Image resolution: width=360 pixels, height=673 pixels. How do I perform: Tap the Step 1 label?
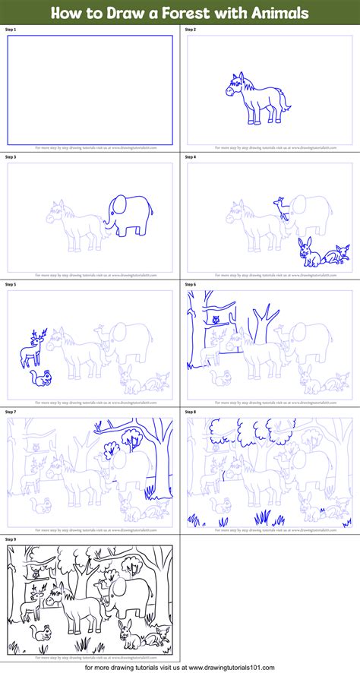click(x=11, y=29)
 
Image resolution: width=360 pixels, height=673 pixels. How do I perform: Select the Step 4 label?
click(x=191, y=156)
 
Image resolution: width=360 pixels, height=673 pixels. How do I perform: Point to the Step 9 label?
click(x=11, y=539)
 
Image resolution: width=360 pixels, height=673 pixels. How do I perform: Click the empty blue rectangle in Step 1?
click(x=90, y=90)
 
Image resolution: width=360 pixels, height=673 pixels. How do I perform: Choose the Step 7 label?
click(x=11, y=412)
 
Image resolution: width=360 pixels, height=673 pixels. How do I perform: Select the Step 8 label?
click(x=191, y=412)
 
